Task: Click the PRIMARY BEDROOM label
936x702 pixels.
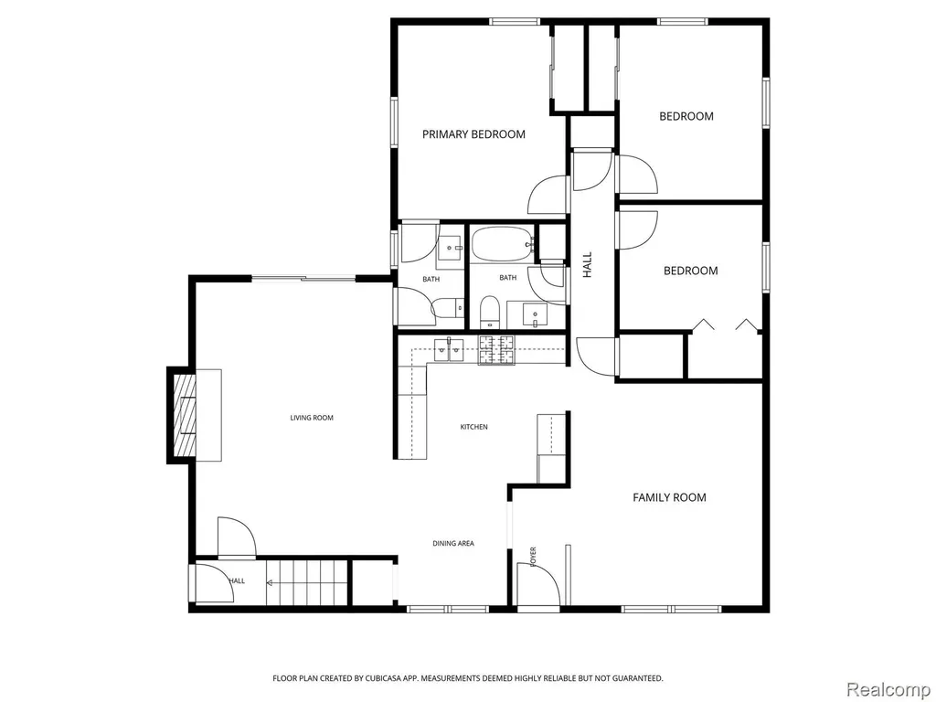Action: (x=474, y=134)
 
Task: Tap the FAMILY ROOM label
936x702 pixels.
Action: (x=669, y=497)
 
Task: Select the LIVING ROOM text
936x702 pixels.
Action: (x=312, y=418)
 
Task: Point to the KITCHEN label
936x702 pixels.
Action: (x=474, y=427)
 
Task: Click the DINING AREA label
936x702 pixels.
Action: (x=453, y=543)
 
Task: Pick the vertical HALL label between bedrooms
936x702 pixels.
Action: (x=588, y=264)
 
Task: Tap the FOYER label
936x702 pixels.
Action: (x=533, y=557)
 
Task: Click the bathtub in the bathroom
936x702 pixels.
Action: (x=502, y=243)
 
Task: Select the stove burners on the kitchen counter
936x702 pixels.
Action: (x=496, y=350)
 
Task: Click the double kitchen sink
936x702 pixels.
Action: (x=449, y=349)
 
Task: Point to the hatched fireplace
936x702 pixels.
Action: (x=184, y=415)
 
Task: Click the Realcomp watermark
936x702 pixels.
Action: (x=888, y=689)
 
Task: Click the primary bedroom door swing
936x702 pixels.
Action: (x=547, y=195)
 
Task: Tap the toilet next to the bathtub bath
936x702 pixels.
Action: (x=490, y=313)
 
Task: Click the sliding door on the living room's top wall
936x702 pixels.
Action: (x=303, y=278)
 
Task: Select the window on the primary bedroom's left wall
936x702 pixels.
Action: (x=395, y=122)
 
